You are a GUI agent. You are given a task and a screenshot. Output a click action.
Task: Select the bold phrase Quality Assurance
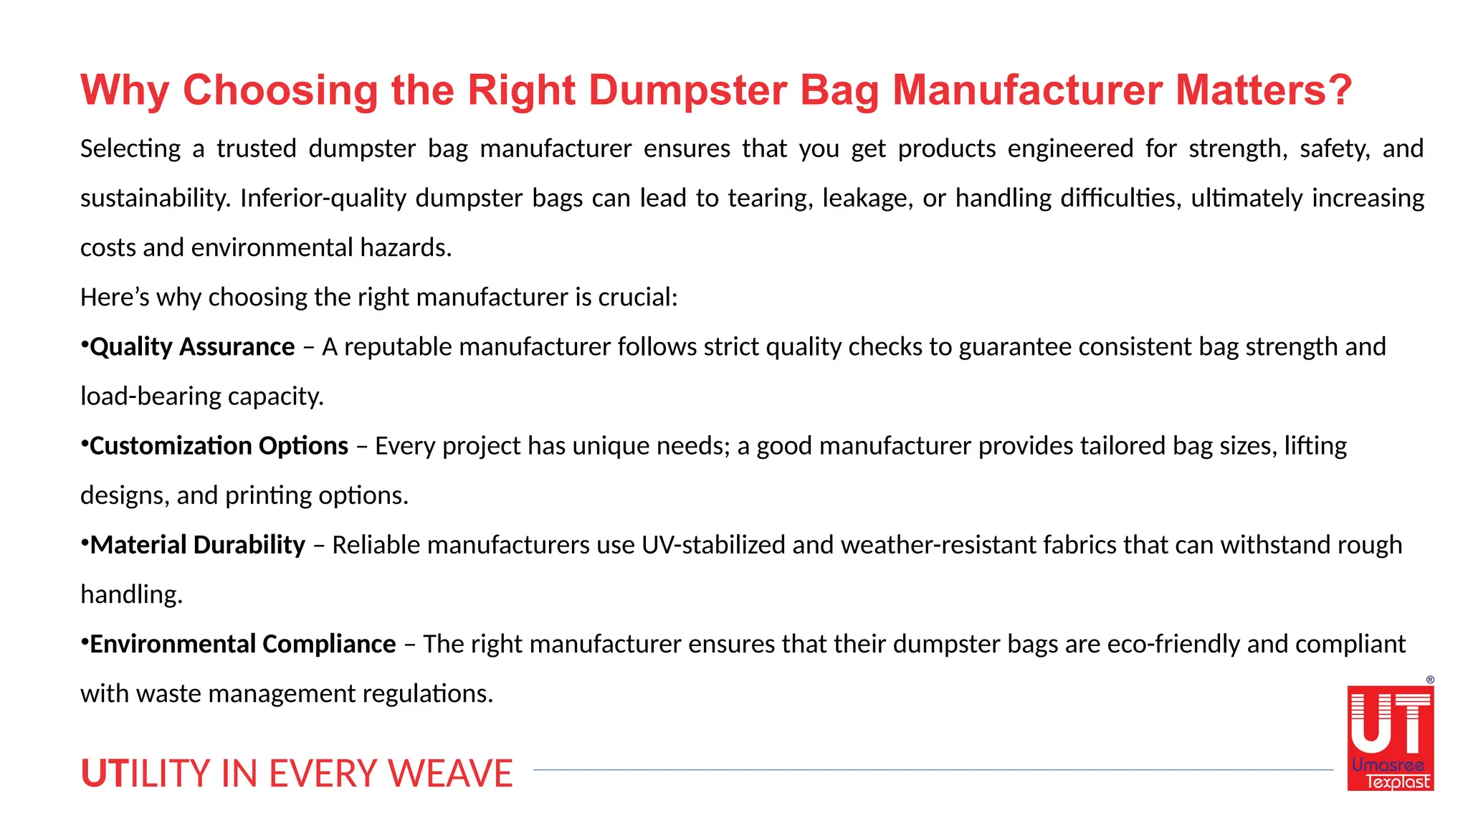[x=192, y=347]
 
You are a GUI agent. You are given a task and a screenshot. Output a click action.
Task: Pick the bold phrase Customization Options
[x=219, y=446]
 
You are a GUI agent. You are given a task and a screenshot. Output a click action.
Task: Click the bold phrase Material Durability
[x=198, y=545]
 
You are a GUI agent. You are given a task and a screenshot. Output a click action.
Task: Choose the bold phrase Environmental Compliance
[x=242, y=644]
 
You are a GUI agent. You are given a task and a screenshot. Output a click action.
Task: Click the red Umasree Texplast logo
[x=1390, y=739]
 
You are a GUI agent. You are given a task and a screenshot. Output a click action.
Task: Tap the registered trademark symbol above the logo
[x=1430, y=680]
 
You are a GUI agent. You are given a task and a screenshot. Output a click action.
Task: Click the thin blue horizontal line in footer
[x=932, y=770]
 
